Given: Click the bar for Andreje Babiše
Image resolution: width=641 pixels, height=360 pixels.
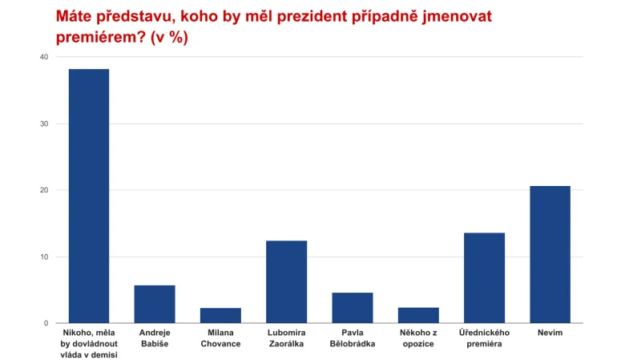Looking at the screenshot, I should coord(155,304).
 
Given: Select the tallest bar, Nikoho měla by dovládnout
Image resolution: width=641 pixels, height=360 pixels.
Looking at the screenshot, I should coord(89,196).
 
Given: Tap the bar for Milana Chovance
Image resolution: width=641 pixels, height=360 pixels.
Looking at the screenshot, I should coord(220,315).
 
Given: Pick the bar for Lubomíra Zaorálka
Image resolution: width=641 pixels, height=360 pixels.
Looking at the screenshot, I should coord(286,281).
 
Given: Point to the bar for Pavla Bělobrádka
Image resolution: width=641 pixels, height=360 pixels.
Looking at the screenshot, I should coord(352,308).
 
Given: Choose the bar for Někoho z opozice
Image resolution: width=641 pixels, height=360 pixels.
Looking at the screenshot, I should coord(418,315).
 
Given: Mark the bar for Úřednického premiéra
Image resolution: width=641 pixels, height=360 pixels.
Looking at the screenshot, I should coord(484,277).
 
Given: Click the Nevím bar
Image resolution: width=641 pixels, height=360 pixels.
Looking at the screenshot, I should coord(550,254).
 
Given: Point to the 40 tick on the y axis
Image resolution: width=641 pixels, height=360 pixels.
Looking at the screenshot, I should coord(43,57).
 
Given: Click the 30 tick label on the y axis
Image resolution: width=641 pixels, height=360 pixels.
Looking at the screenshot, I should coord(43,123).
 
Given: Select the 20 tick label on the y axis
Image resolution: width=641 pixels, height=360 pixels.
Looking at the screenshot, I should coord(43,190).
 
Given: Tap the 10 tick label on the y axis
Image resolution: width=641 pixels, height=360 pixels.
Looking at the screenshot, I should coord(43,257).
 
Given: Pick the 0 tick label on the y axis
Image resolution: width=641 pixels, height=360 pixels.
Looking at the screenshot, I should coord(46,323).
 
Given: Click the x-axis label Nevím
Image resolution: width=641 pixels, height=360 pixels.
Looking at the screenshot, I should coord(550,332).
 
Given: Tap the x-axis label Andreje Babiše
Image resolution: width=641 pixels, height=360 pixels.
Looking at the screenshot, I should coord(155,338).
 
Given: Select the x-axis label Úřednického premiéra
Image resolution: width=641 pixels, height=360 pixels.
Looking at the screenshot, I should coord(484,338).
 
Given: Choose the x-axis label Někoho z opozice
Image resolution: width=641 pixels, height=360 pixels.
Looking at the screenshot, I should coord(418,338).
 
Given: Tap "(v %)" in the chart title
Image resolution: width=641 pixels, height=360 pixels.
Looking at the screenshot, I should coord(168,38).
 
